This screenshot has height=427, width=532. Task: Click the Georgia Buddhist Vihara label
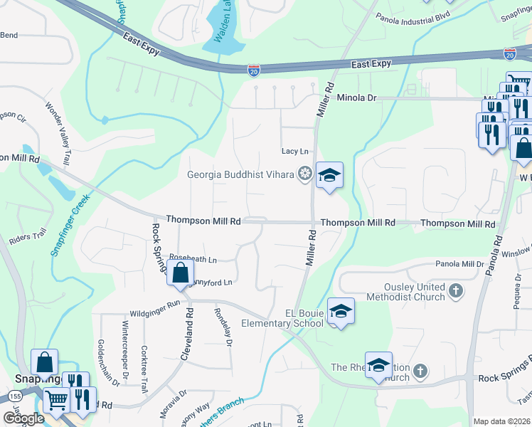coord(241,174)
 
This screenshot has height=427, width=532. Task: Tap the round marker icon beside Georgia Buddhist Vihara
coord(305,174)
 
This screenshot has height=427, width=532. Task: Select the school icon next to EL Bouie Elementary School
coord(341,311)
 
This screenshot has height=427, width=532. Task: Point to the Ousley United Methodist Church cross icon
coord(456,290)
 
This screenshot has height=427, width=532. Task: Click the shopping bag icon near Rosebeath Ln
coord(181,272)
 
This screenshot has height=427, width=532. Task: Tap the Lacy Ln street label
coord(295,151)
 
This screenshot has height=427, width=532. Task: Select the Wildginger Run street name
coord(155,313)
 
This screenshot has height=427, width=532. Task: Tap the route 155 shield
coord(14,395)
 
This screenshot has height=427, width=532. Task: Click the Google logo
coord(23,418)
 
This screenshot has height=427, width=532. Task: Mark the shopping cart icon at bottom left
coord(55,399)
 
